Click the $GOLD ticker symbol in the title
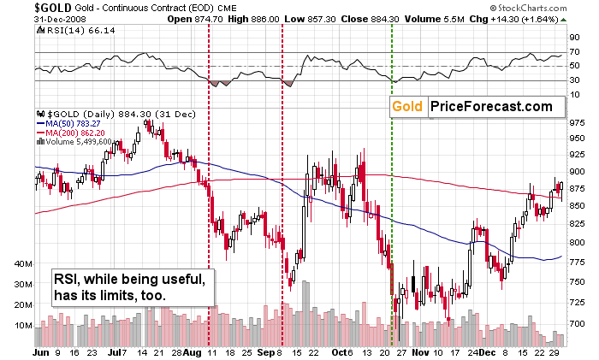coord(53,8)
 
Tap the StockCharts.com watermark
coord(528,8)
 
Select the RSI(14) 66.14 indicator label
coord(76,30)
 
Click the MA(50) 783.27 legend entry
coord(68,124)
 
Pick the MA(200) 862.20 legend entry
coord(71,133)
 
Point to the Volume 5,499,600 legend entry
coord(74,142)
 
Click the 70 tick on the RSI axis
coord(574,51)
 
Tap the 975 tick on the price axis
coord(577,123)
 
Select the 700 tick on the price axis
coord(577,323)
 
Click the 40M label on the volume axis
coord(23,263)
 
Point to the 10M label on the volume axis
coord(23,326)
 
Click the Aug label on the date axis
coord(193,352)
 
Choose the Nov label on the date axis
coord(420,352)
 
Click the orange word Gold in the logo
coord(407,107)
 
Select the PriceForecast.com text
coord(492,107)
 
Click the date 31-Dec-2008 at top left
coord(60,19)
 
